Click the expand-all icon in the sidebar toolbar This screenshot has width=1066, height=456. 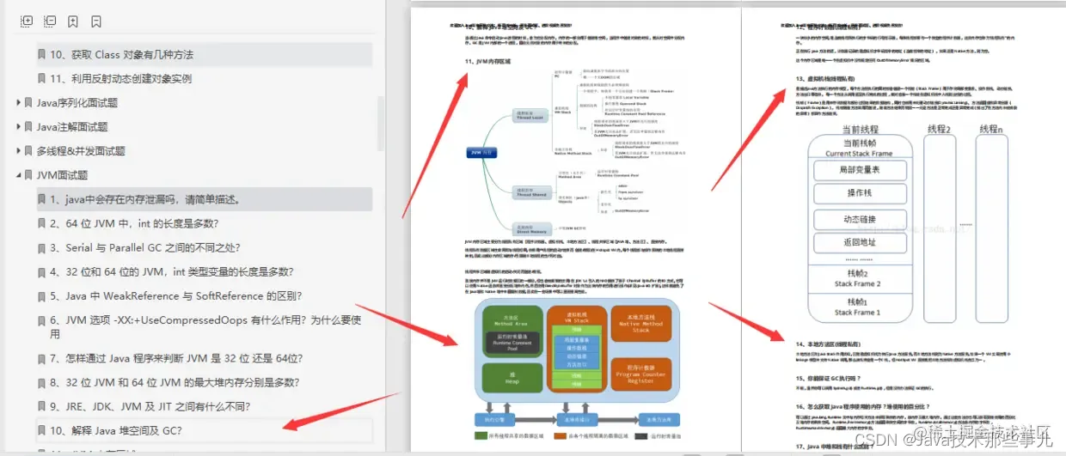tap(27, 21)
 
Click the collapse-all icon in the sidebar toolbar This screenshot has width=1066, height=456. tap(50, 21)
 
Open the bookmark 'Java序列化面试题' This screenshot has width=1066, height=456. tap(77, 103)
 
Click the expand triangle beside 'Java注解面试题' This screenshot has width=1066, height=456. tap(19, 127)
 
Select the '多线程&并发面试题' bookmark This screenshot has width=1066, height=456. tap(80, 151)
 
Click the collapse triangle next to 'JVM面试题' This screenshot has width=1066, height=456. tap(19, 175)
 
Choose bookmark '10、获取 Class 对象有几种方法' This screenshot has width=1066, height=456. tap(121, 55)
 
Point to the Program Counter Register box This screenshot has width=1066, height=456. tap(640, 375)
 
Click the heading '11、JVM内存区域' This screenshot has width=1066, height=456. tap(487, 62)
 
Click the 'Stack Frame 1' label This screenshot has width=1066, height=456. tap(856, 313)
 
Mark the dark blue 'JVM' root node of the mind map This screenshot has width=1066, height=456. tap(481, 152)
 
